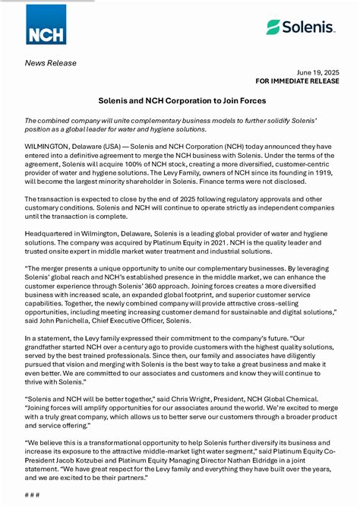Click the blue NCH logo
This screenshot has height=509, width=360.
(46, 24)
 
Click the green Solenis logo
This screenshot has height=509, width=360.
(301, 27)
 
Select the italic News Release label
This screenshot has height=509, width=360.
(51, 62)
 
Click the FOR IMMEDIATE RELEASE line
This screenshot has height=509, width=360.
(297, 80)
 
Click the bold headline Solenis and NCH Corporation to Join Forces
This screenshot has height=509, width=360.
(180, 100)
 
